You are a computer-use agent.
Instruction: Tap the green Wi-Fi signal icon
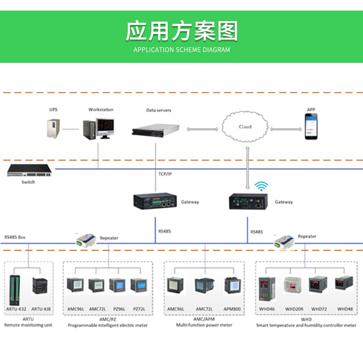click(x=261, y=186)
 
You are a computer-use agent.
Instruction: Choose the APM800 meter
click(x=232, y=286)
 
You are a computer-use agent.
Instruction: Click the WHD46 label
click(x=267, y=309)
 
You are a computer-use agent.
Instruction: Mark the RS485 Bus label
click(x=15, y=237)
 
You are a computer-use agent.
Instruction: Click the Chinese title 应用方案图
click(x=182, y=31)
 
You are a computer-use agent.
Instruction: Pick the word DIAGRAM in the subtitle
click(x=216, y=50)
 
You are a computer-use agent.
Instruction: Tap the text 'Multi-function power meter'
click(x=204, y=325)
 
